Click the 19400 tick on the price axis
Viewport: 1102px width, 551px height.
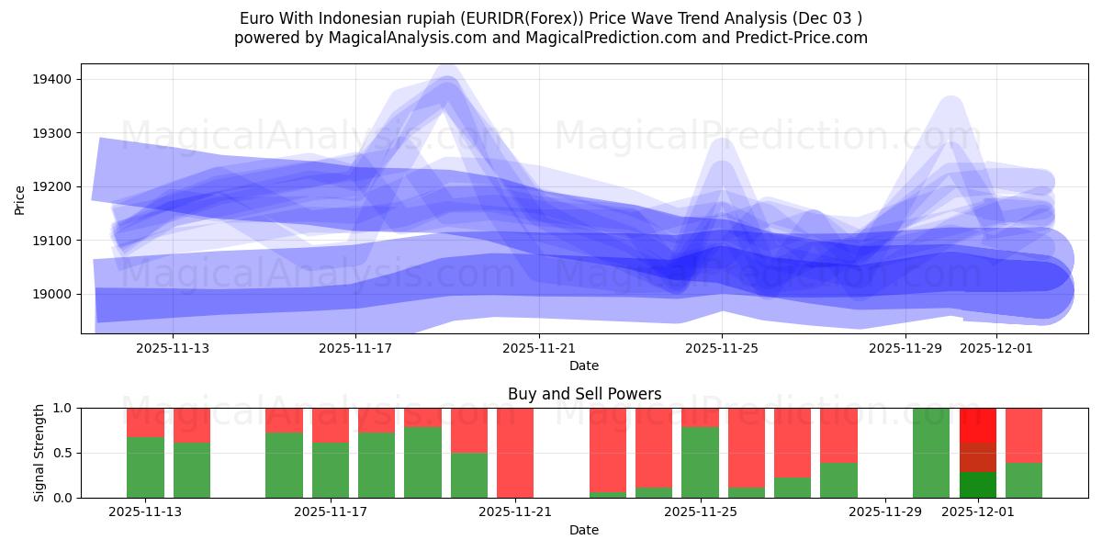coord(53,80)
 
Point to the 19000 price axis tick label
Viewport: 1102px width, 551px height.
coord(53,295)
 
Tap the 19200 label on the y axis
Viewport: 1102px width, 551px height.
coord(53,187)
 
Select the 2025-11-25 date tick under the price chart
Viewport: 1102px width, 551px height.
coord(722,349)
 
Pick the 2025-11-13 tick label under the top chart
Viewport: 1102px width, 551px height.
coord(173,349)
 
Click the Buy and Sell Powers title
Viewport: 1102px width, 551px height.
coord(584,395)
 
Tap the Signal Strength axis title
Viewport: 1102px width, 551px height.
coord(39,453)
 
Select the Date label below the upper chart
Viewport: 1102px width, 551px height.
coord(584,365)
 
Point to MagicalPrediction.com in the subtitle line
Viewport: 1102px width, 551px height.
coord(589,38)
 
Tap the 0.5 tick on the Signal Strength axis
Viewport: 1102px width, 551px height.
coord(63,453)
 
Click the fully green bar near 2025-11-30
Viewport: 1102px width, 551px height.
coord(930,453)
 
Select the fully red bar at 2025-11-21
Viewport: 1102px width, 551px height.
coord(515,453)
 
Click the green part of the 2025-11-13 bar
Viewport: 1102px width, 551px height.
coord(145,468)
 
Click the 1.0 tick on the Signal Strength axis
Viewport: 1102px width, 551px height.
coord(63,408)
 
